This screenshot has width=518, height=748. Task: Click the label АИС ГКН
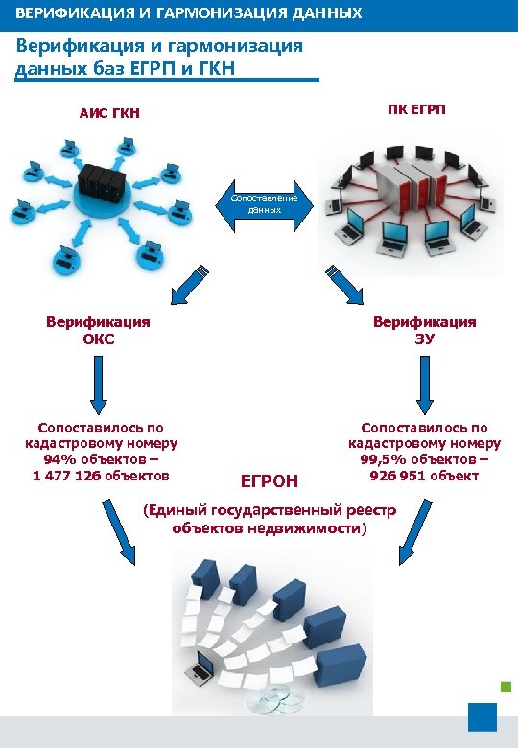coord(109,114)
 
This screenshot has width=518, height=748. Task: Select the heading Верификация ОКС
coord(98,330)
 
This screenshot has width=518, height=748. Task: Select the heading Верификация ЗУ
coord(424,330)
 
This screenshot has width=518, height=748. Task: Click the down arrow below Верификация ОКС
coord(97,383)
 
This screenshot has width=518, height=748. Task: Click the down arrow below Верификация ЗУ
coord(423,383)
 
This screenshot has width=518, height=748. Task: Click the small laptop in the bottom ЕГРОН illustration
coord(203,664)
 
